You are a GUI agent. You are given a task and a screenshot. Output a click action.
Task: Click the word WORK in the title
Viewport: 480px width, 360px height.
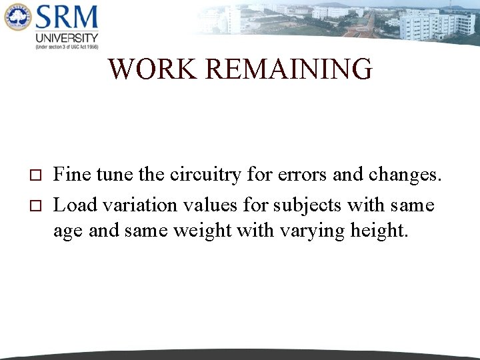[153, 69]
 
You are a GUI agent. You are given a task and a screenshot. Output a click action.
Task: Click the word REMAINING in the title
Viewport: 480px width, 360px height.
[289, 69]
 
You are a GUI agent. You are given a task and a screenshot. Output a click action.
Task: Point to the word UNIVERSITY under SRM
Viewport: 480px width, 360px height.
[67, 38]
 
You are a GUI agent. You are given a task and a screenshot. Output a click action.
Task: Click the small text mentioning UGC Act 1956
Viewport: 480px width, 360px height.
[67, 47]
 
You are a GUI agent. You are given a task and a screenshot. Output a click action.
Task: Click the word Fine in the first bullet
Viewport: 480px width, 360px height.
[73, 175]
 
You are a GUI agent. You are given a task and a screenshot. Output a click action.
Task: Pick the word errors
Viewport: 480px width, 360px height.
[302, 175]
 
